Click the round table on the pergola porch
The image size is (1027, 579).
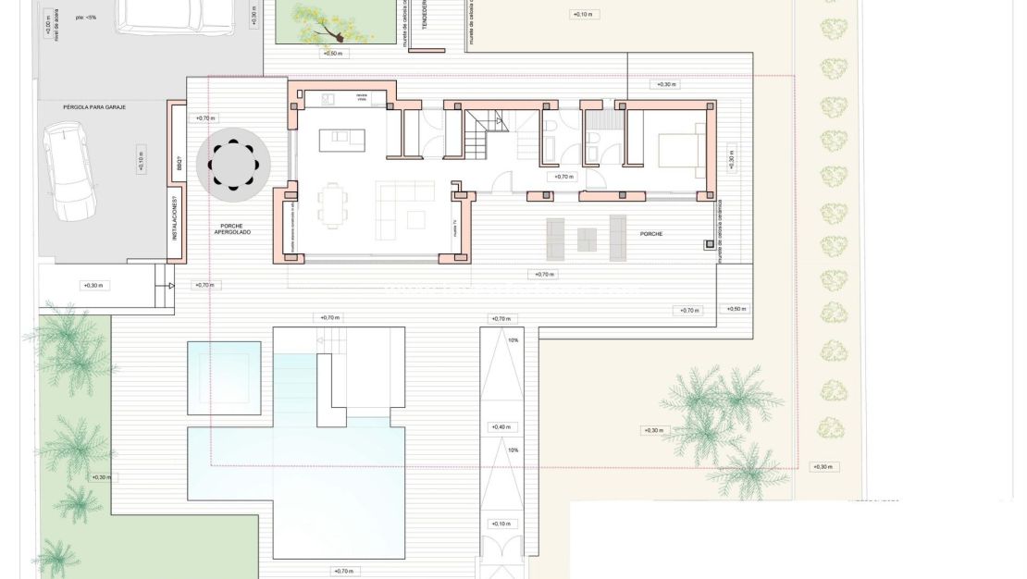coord(232,165)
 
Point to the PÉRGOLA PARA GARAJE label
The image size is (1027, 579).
coord(93,107)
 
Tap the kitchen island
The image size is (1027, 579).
coord(341,140)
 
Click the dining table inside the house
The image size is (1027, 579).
coord(331,205)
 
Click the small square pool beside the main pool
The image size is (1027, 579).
coord(224,372)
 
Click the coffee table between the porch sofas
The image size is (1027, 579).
coord(588,239)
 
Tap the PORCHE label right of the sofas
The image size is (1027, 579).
coord(650,234)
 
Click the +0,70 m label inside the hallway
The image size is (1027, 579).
coord(563,176)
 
